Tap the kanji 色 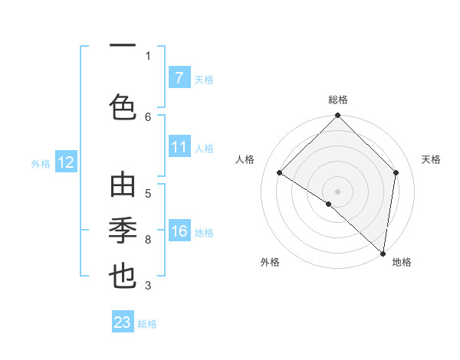123,106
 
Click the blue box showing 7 179,77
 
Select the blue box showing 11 179,147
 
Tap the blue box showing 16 179,231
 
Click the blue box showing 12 65,162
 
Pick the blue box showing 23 123,322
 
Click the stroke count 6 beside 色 148,116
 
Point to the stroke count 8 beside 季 148,240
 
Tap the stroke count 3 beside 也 148,286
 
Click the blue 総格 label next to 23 147,324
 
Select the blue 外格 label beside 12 40,163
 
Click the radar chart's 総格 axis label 337,100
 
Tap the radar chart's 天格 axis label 431,159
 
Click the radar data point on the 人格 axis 280,173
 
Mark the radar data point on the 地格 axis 383,253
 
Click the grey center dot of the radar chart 337,191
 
